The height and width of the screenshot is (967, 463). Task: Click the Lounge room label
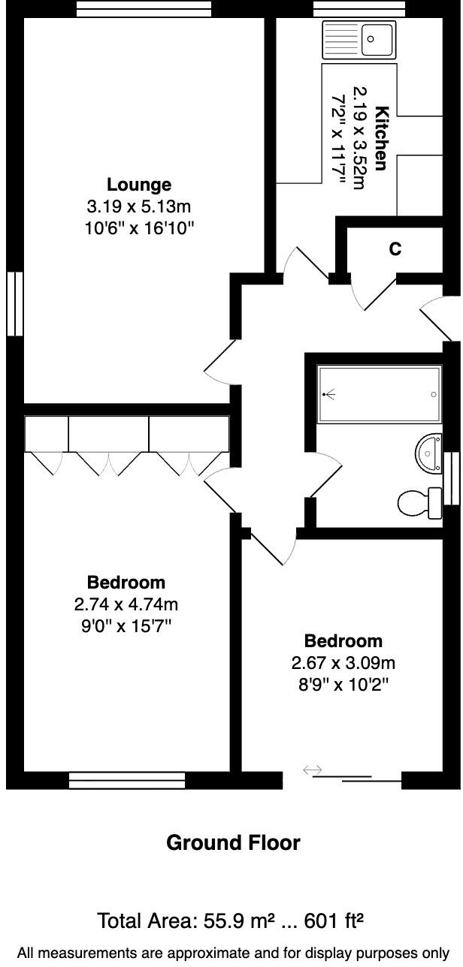[x=138, y=185]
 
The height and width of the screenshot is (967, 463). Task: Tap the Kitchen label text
[x=382, y=139]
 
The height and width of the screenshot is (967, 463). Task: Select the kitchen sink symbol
[x=359, y=40]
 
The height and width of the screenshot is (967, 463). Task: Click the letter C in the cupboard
[x=395, y=249]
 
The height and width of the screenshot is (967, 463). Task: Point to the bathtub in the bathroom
[x=379, y=394]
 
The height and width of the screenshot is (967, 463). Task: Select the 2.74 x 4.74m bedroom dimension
[x=126, y=604]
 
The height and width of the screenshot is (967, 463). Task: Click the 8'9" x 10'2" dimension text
[x=343, y=684]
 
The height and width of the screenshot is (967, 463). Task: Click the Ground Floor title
[x=232, y=842]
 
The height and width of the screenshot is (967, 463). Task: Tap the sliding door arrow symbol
[x=312, y=770]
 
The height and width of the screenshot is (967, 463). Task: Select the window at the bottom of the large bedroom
[x=126, y=781]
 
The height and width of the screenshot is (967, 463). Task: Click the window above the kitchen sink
[x=359, y=8]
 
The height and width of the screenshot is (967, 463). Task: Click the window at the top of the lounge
[x=144, y=8]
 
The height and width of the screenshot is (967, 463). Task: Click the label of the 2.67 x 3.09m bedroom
[x=343, y=641]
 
